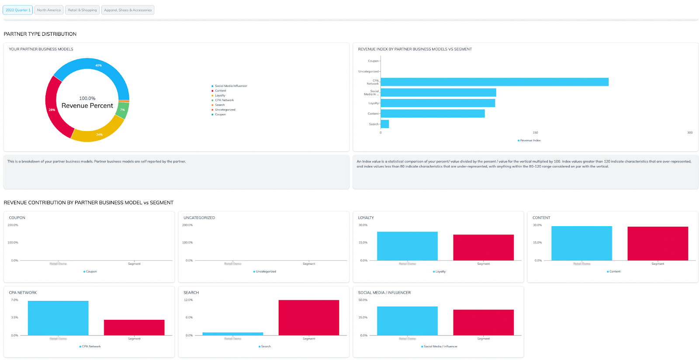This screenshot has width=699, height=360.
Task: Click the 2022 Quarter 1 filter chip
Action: pyautogui.click(x=18, y=10)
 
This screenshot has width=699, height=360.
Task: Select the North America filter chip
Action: pyautogui.click(x=49, y=10)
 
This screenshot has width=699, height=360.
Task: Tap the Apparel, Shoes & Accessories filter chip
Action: pyautogui.click(x=128, y=10)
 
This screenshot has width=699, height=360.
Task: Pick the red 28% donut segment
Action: pyautogui.click(x=52, y=110)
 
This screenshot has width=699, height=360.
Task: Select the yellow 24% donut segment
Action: pyautogui.click(x=99, y=134)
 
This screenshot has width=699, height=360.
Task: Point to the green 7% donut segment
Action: pyautogui.click(x=123, y=110)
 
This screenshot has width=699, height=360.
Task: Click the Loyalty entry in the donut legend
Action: pyautogui.click(x=220, y=95)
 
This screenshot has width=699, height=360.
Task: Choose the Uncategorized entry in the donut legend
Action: pyautogui.click(x=225, y=110)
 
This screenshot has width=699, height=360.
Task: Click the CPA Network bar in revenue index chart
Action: pyautogui.click(x=494, y=82)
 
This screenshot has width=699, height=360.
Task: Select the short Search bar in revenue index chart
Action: pyautogui.click(x=384, y=124)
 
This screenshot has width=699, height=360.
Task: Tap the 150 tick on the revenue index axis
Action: pyautogui.click(x=535, y=132)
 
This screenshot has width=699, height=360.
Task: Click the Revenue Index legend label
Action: pyautogui.click(x=530, y=140)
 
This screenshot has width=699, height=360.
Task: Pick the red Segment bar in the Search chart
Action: pyautogui.click(x=308, y=318)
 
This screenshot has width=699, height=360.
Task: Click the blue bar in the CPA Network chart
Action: pyautogui.click(x=58, y=318)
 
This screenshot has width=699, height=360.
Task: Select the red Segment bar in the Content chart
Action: pyautogui.click(x=657, y=243)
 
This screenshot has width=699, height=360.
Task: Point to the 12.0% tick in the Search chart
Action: pyautogui.click(x=188, y=300)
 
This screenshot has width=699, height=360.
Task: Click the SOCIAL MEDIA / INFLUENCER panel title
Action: pyautogui.click(x=384, y=293)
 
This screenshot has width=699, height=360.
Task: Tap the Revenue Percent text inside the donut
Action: pyautogui.click(x=87, y=106)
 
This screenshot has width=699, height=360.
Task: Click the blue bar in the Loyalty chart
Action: pyautogui.click(x=407, y=246)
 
